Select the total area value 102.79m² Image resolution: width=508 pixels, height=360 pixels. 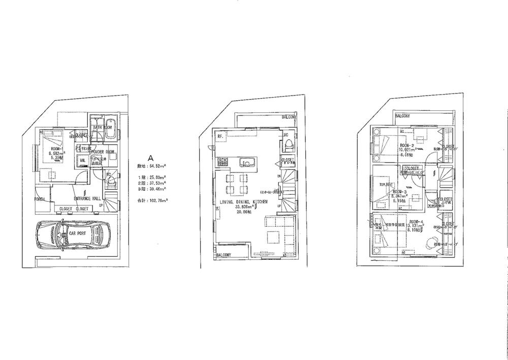pyautogui.click(x=159, y=201)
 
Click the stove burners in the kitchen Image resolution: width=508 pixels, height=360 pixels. pyautogui.click(x=222, y=162)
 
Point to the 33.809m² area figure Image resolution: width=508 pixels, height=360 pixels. pyautogui.click(x=244, y=207)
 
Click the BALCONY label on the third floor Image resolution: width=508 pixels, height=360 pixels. pyautogui.click(x=403, y=116)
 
